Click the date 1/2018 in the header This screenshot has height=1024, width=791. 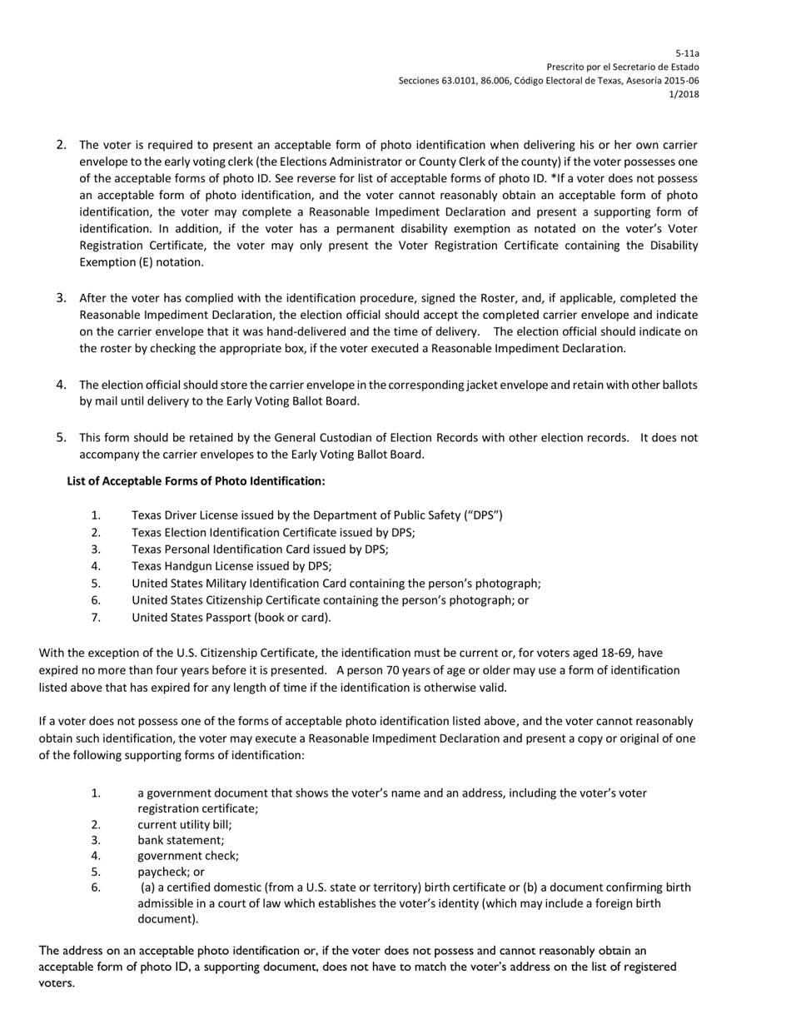(684, 94)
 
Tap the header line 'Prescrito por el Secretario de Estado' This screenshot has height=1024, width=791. (622, 67)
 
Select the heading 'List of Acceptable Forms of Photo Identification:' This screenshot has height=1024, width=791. (196, 481)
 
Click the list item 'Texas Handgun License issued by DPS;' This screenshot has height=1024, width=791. (231, 566)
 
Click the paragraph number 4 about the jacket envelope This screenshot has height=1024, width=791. (62, 385)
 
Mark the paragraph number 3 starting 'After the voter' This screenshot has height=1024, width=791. (62, 297)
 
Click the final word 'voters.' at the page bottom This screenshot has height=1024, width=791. (57, 983)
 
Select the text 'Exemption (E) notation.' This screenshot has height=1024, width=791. (141, 262)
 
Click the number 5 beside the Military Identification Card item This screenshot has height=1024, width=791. (96, 584)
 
